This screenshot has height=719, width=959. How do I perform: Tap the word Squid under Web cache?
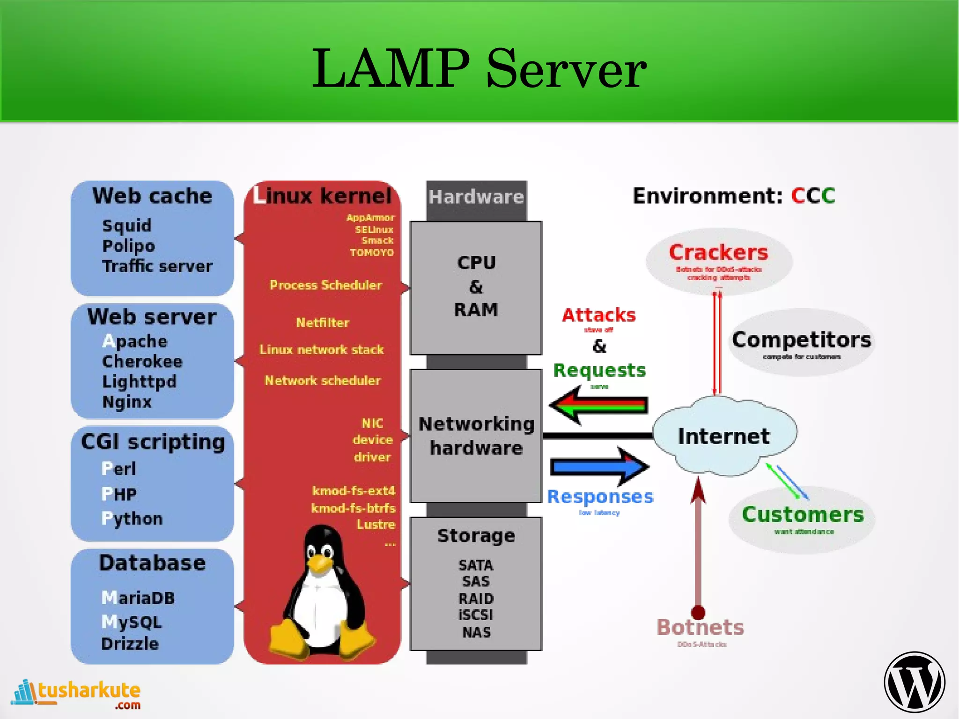tap(127, 226)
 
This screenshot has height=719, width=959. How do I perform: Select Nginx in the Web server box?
tap(127, 402)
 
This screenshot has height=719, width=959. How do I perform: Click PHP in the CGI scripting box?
tap(119, 494)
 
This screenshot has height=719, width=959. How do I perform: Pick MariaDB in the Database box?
tap(138, 598)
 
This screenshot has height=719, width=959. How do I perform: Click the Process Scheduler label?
tap(325, 285)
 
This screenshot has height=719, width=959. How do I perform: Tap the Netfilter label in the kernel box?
tap(323, 322)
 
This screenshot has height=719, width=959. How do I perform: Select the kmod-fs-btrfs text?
tap(354, 508)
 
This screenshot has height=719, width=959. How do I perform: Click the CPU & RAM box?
tap(476, 287)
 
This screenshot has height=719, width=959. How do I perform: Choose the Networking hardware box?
tap(476, 436)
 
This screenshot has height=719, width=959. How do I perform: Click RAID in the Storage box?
tap(476, 598)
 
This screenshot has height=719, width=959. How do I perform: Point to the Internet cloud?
tap(723, 436)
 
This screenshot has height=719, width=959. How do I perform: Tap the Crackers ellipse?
tap(718, 260)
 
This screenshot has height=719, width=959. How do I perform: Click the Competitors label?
tap(801, 340)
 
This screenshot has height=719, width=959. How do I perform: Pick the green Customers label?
tap(803, 514)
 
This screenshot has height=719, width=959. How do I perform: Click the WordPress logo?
tap(914, 682)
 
